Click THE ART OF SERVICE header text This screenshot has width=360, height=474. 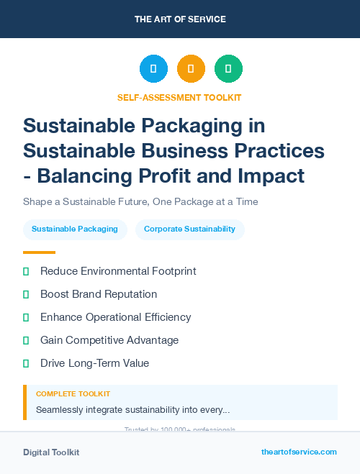click(x=180, y=19)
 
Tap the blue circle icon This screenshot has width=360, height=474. click(x=153, y=69)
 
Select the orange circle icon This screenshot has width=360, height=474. click(x=191, y=69)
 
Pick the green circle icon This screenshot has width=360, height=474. click(x=228, y=69)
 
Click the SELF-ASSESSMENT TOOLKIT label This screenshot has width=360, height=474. click(x=179, y=97)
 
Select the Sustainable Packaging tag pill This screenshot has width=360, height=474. click(x=75, y=229)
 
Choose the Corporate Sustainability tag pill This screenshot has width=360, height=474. click(x=189, y=229)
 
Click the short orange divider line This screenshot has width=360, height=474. click(x=39, y=252)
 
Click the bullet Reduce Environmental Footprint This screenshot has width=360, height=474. click(x=118, y=271)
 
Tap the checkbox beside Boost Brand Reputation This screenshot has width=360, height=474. click(x=26, y=294)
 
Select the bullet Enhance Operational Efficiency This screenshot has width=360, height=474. click(x=115, y=317)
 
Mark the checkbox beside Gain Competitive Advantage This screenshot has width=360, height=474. click(x=26, y=340)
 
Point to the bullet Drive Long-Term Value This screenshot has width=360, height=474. click(x=94, y=363)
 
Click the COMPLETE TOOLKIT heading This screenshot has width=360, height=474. click(x=73, y=394)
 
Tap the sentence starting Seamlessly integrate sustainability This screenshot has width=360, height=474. click(x=132, y=410)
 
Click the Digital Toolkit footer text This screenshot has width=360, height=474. click(x=51, y=452)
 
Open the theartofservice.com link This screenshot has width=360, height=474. click(x=299, y=452)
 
